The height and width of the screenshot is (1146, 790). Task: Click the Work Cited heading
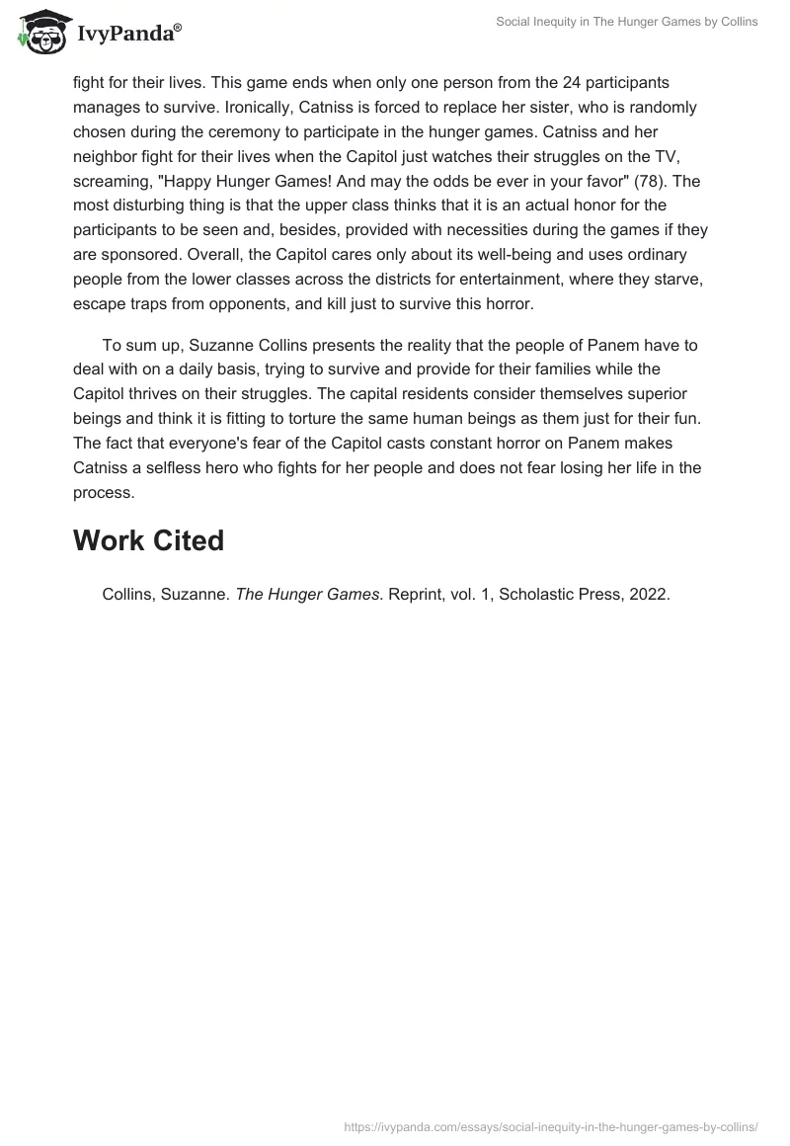(148, 540)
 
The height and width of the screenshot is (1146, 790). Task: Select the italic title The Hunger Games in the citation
(307, 596)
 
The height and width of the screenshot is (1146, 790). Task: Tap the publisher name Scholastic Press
(557, 596)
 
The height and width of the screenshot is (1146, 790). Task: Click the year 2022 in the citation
(650, 596)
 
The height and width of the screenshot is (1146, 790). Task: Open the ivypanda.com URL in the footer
(551, 1125)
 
